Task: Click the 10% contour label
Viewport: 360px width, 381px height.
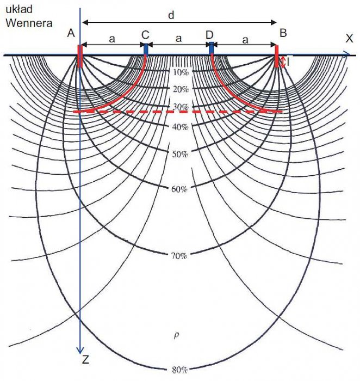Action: pyautogui.click(x=181, y=72)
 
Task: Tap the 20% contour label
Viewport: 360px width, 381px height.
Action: pyautogui.click(x=181, y=89)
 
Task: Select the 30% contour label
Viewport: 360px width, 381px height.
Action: pyautogui.click(x=181, y=107)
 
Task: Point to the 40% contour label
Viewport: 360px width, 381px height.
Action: pyautogui.click(x=180, y=127)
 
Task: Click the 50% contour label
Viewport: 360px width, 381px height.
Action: pyautogui.click(x=180, y=154)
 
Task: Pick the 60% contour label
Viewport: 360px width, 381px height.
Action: pyautogui.click(x=179, y=189)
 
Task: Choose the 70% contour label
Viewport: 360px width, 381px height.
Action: pyautogui.click(x=179, y=256)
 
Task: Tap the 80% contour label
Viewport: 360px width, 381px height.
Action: pyautogui.click(x=180, y=370)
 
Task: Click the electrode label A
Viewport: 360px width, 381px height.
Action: pyautogui.click(x=71, y=33)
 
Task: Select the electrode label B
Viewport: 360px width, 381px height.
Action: pyautogui.click(x=283, y=33)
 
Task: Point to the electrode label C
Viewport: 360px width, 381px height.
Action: pyautogui.click(x=145, y=35)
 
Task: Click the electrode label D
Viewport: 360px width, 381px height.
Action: pyautogui.click(x=209, y=35)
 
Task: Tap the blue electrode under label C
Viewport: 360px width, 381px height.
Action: pyautogui.click(x=146, y=50)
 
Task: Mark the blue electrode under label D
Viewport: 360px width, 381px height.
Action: pyautogui.click(x=212, y=48)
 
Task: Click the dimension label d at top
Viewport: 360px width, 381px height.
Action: pyautogui.click(x=171, y=15)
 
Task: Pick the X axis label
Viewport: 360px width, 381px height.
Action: pyautogui.click(x=349, y=39)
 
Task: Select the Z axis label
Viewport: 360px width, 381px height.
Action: pyautogui.click(x=85, y=360)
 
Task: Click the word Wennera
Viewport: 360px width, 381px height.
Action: pyautogui.click(x=29, y=23)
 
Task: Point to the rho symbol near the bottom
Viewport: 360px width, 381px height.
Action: pyautogui.click(x=177, y=336)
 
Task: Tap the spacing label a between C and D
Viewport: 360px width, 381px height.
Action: pyautogui.click(x=179, y=39)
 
